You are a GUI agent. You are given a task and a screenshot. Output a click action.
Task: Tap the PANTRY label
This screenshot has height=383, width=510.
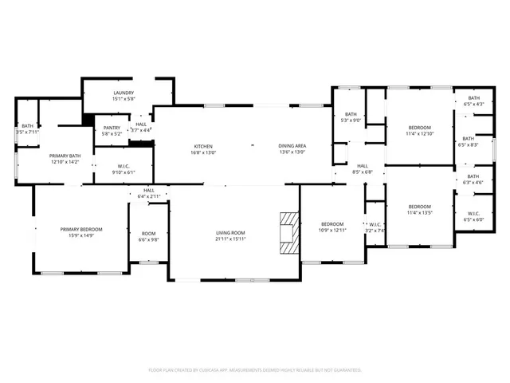[112, 128]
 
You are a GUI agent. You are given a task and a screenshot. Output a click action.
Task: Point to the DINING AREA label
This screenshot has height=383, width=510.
[292, 146]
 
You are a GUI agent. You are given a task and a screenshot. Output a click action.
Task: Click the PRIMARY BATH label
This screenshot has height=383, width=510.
[65, 156]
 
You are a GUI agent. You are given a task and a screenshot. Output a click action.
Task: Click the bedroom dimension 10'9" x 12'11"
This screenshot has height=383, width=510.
[332, 230]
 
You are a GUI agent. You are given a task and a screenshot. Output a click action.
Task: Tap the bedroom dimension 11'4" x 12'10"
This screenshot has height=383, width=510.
[420, 134]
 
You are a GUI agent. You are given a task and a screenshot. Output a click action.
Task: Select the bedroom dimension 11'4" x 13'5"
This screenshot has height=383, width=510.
[420, 213]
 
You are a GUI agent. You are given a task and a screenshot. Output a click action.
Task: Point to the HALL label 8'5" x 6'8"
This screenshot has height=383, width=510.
[363, 172]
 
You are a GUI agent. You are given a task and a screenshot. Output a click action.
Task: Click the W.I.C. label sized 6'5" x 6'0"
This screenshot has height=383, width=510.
[473, 218]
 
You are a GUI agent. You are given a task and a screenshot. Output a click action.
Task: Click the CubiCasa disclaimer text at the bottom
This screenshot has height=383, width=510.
[255, 369]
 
